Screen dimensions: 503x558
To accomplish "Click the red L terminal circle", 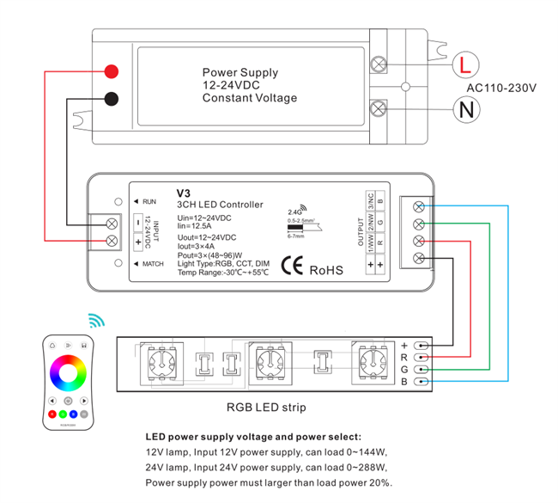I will [464, 64].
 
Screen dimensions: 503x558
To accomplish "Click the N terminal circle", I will [464, 109].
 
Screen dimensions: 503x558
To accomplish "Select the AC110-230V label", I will [501, 88].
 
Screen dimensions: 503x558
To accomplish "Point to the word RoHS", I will [326, 270].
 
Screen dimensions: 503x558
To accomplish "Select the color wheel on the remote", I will [69, 374].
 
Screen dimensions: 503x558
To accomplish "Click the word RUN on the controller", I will [149, 201].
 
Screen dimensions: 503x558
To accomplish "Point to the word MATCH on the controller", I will [153, 263].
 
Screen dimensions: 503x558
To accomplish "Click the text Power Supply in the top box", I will [240, 73].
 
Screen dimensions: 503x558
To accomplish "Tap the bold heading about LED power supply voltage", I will [253, 437].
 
